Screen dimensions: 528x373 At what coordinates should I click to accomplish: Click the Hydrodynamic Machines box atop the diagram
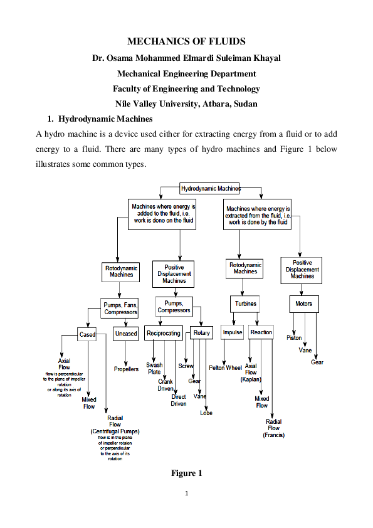point(211,188)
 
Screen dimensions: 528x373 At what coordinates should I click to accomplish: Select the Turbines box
point(246,304)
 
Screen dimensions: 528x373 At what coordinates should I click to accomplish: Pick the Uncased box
point(125,334)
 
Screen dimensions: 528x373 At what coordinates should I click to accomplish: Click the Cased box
point(87,334)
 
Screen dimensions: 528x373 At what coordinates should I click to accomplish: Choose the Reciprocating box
point(164,333)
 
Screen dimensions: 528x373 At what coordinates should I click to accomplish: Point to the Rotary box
point(202,333)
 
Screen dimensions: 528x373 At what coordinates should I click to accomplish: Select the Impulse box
point(233,332)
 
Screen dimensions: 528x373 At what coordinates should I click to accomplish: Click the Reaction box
point(261,332)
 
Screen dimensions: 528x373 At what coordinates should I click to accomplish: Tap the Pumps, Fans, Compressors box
point(121,309)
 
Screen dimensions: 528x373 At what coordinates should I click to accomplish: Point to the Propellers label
point(126,369)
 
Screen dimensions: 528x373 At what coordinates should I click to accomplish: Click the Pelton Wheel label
point(225,368)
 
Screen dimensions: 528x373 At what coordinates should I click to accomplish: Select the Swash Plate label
point(154,368)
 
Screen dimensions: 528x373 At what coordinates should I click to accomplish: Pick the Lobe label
point(206,413)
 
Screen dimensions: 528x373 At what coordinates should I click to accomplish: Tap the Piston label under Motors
point(294,338)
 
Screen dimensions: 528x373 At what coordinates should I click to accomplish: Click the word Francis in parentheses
point(274,435)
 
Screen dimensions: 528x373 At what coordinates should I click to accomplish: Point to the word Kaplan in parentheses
point(251,379)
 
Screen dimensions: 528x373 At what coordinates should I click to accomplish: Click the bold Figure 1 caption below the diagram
point(187,473)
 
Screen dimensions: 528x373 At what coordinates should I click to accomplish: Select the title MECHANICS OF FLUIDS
point(186,42)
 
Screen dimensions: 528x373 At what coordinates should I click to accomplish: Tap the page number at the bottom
point(186,493)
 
